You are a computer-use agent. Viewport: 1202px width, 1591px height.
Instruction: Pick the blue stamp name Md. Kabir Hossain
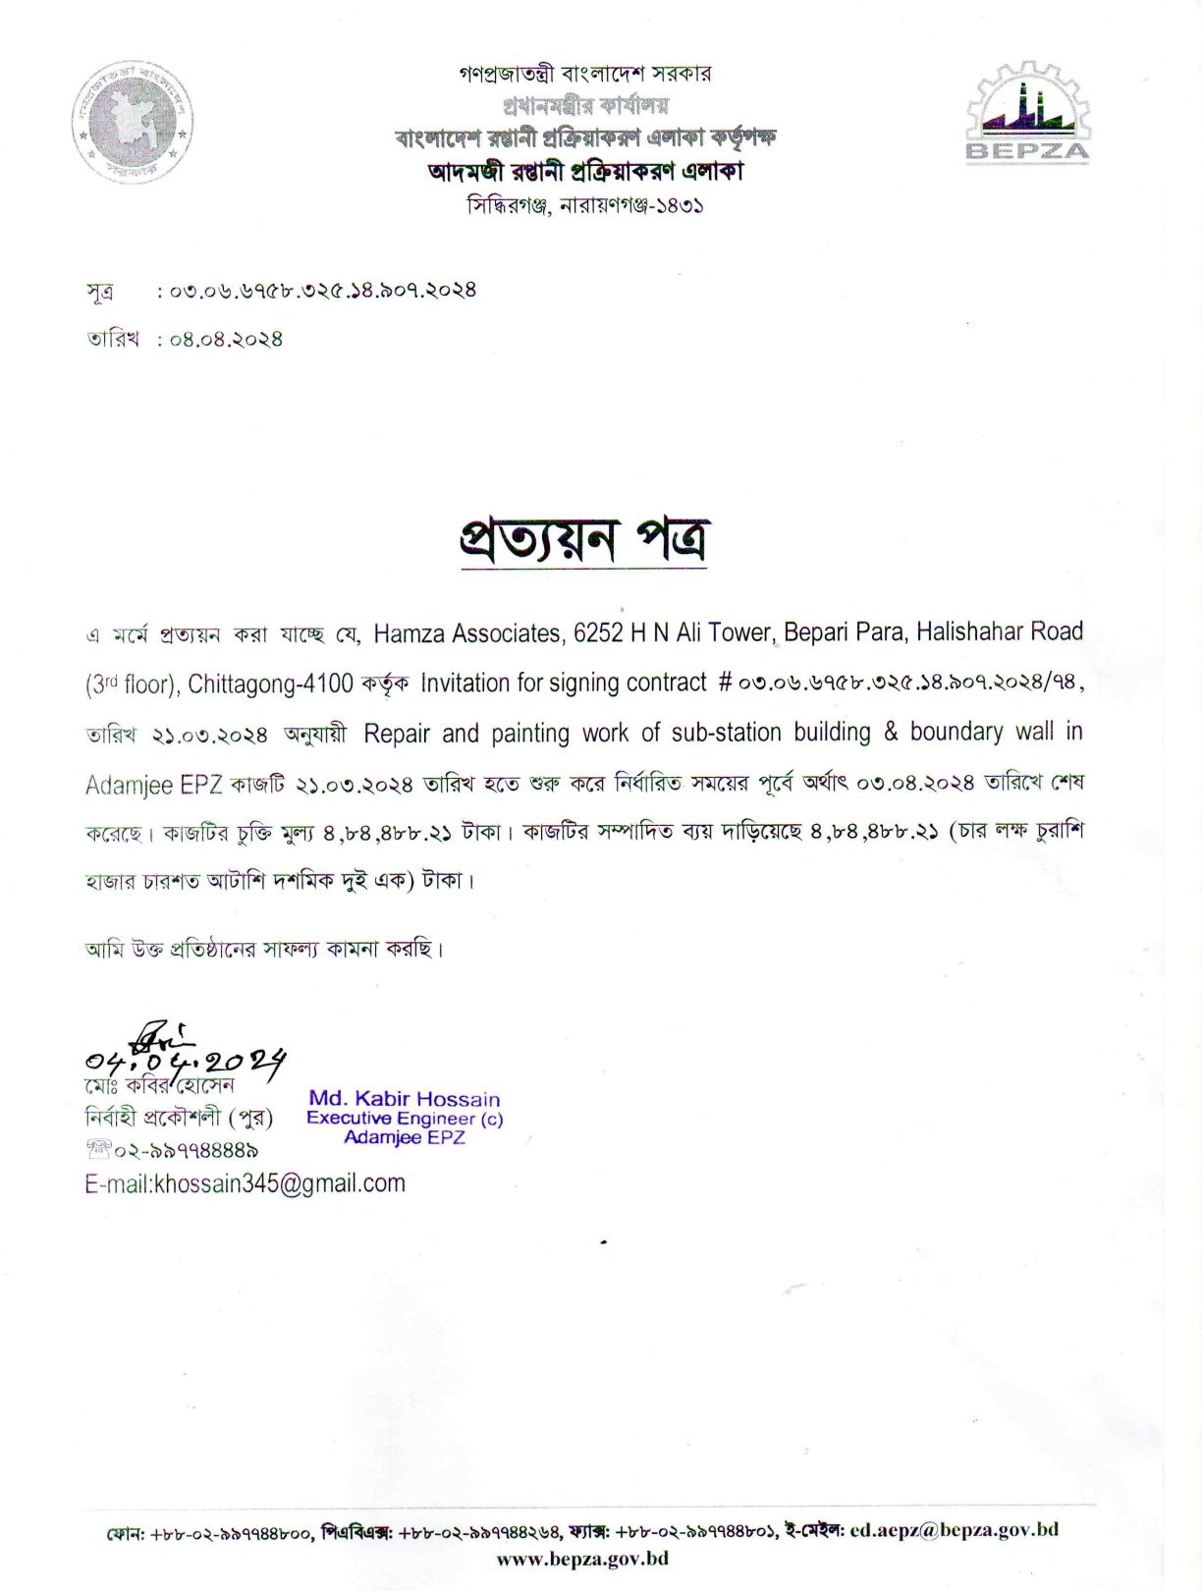click(x=405, y=1099)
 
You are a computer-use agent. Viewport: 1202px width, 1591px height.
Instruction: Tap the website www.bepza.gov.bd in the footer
click(x=583, y=1559)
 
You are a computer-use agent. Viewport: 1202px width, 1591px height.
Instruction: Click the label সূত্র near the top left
click(x=99, y=291)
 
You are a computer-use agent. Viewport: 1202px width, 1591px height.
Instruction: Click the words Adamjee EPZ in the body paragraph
click(x=154, y=785)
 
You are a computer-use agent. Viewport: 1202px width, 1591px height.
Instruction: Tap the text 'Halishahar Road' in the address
click(x=1000, y=631)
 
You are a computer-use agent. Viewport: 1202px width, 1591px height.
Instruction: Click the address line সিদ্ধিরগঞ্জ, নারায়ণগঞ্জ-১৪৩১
click(x=585, y=206)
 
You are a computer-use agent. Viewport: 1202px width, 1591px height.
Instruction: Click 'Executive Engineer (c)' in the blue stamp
click(x=405, y=1118)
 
